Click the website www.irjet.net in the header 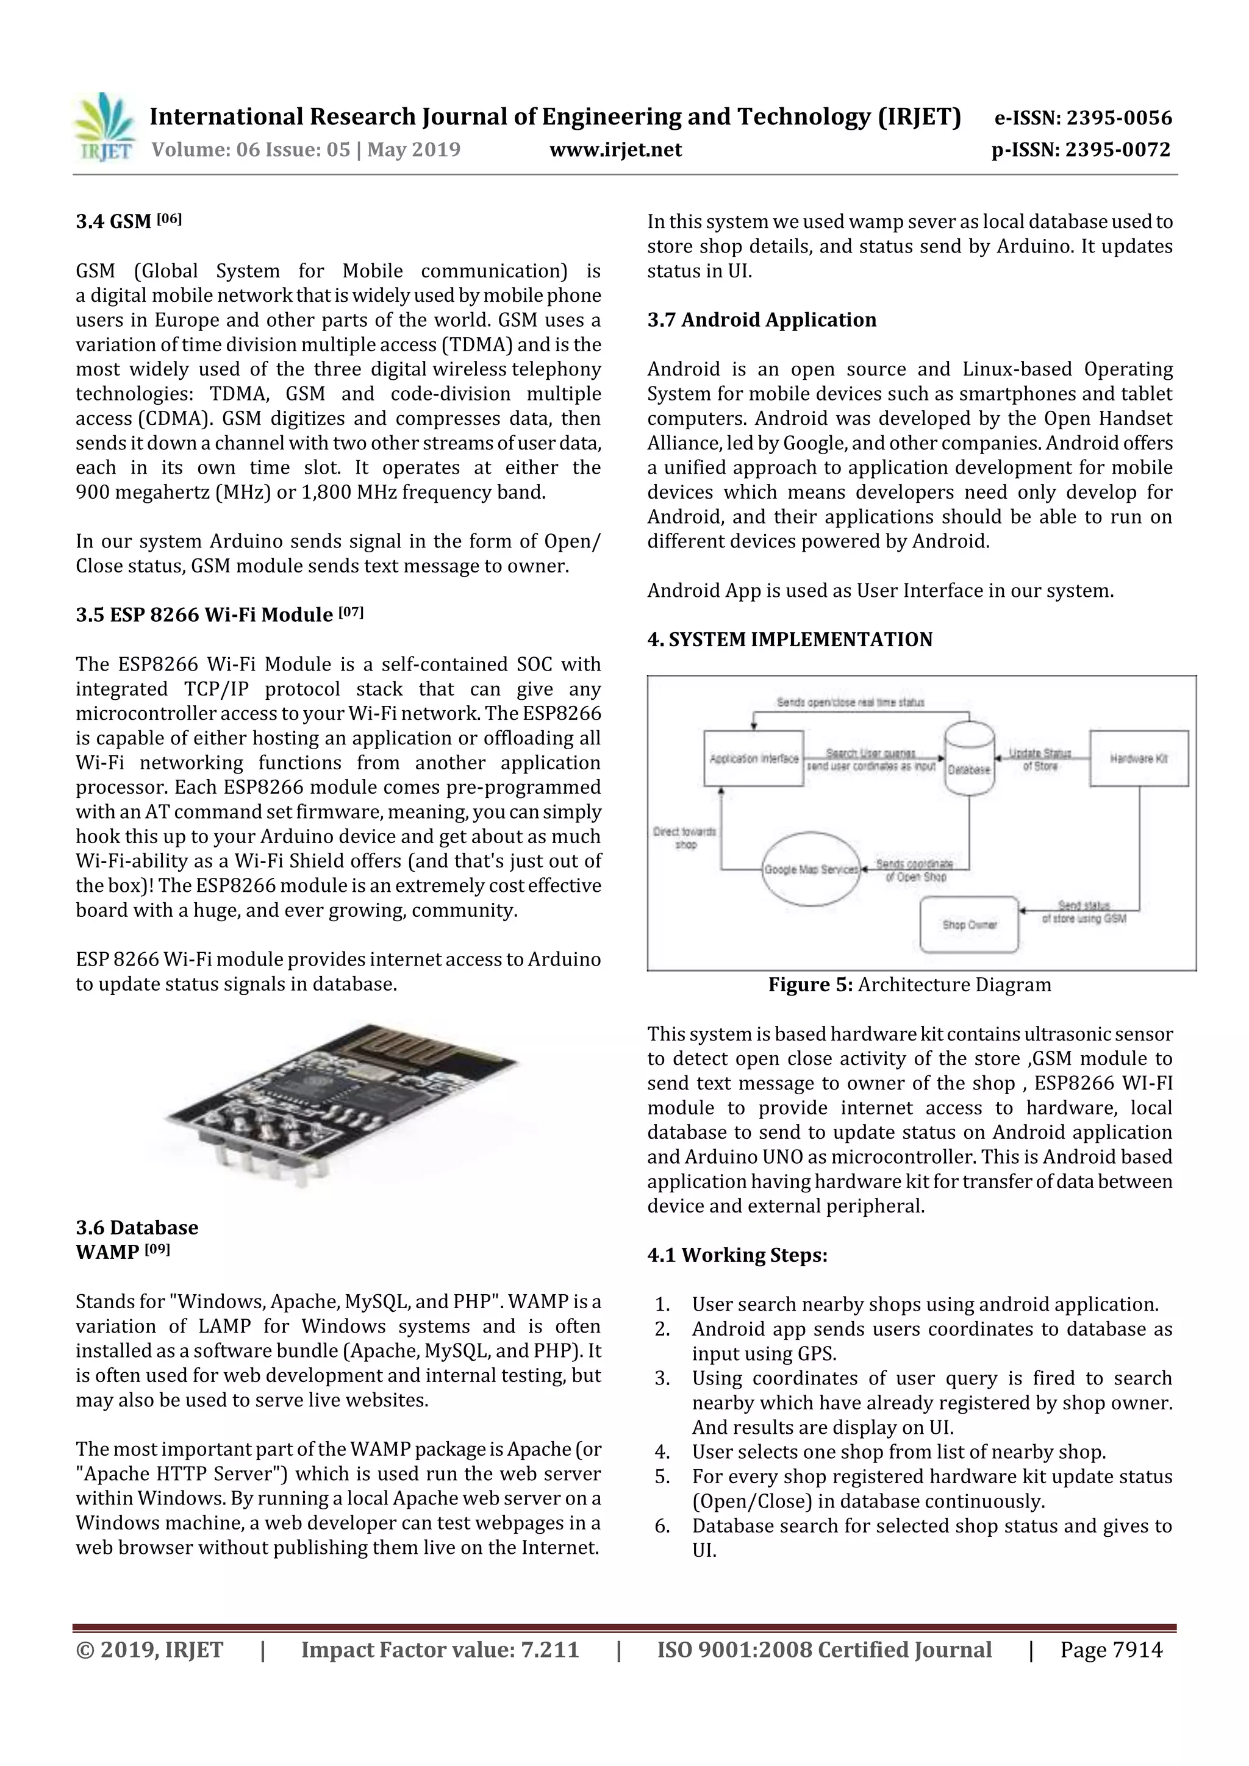615,150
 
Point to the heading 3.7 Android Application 761,320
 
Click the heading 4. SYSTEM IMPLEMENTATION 790,639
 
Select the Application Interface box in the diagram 753,758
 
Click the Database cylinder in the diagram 969,759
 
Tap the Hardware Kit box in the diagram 1138,758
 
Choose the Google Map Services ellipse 811,869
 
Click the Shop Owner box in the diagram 969,925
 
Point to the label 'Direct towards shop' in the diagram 684,838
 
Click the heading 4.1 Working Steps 737,1255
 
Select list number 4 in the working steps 662,1452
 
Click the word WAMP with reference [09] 107,1252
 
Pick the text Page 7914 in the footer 1111,1650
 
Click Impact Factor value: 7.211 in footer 440,1650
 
